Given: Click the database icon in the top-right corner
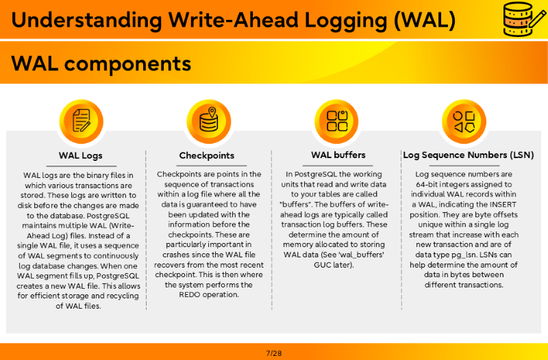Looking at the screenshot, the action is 524,19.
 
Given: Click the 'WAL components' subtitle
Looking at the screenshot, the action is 101,64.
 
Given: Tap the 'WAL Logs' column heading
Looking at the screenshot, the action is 80,155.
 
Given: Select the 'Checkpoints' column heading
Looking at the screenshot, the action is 207,155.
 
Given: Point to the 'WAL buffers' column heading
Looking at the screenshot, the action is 338,155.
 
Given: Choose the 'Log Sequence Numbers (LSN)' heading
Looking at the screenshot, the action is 469,155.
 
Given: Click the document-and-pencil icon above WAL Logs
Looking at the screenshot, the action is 81,121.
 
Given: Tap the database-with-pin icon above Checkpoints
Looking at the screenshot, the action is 209,121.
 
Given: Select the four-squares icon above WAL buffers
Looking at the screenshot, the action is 336,121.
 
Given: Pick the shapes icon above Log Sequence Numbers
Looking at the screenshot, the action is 464,121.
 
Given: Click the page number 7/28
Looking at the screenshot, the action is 274,353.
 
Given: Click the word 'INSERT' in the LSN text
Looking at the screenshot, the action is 503,204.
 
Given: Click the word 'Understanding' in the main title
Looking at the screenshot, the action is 87,20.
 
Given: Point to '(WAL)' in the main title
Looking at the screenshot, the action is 425,20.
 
